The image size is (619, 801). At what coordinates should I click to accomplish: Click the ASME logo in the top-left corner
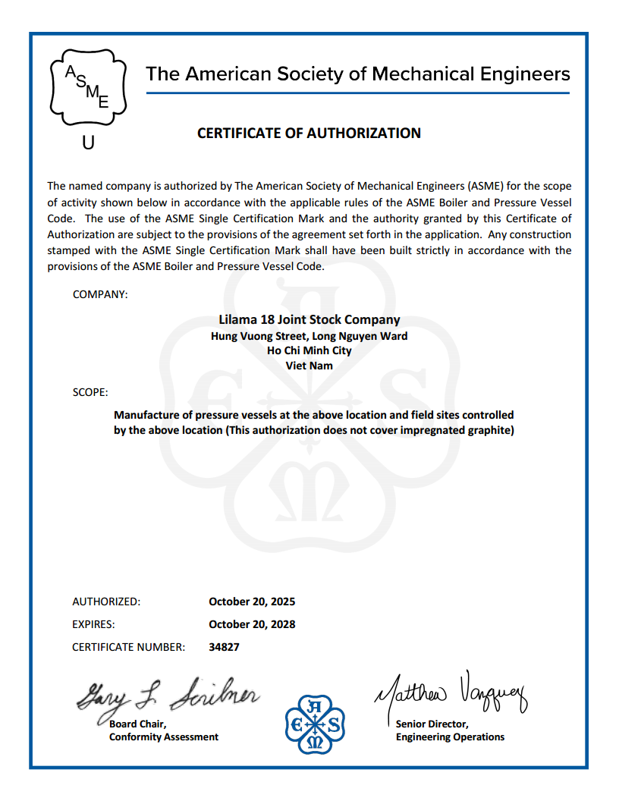(x=88, y=88)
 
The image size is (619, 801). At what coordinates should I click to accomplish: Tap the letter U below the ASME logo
(x=88, y=142)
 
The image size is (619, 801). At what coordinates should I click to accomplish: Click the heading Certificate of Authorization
(x=309, y=133)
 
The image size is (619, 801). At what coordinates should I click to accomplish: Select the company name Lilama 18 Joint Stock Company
(x=309, y=320)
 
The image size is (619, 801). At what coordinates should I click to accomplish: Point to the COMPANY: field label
(x=100, y=294)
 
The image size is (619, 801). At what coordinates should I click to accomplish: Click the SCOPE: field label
(x=90, y=393)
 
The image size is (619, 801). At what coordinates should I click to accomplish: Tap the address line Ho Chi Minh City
(x=309, y=350)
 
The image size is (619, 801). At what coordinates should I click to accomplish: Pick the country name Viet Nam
(x=309, y=365)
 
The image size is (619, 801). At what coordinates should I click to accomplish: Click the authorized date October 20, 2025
(x=252, y=602)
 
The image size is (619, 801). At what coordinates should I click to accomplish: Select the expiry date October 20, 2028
(x=252, y=624)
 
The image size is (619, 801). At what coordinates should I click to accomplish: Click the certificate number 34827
(x=224, y=647)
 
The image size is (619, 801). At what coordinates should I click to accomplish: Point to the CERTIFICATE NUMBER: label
(x=128, y=647)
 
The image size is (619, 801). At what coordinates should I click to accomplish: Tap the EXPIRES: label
(x=93, y=624)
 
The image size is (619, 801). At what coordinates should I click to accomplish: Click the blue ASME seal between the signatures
(x=315, y=725)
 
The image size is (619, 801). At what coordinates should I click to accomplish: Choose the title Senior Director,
(x=432, y=724)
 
